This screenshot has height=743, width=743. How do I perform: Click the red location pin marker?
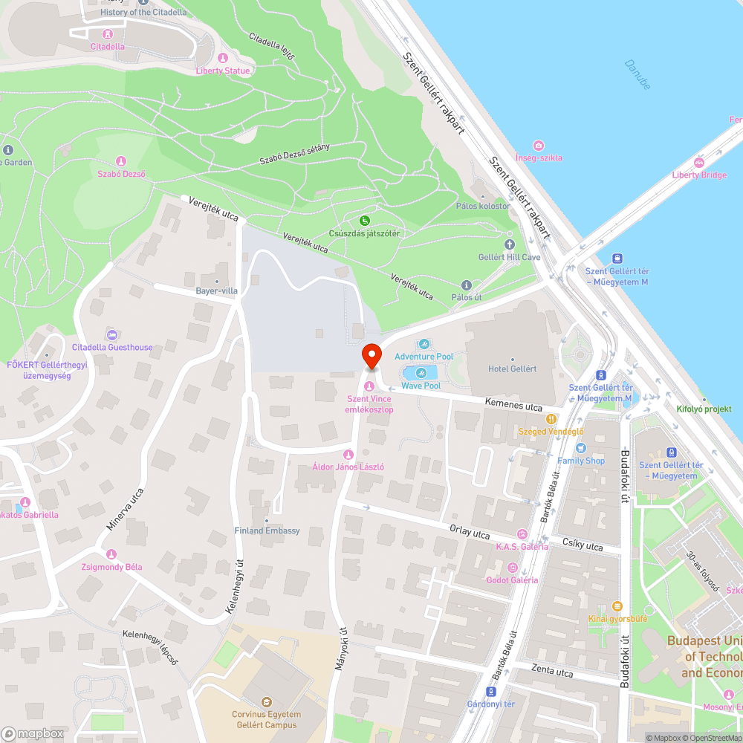point(371,355)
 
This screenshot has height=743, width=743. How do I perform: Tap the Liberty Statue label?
point(223,71)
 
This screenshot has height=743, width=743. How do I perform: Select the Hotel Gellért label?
point(512,369)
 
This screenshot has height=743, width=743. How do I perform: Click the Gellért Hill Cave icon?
point(509,244)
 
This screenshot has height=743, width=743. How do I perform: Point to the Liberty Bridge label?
point(698,175)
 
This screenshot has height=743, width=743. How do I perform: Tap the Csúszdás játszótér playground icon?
point(365,221)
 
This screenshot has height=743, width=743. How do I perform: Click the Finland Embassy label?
point(267,531)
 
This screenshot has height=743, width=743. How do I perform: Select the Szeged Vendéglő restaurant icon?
point(551,419)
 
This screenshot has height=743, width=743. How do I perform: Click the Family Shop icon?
point(581,448)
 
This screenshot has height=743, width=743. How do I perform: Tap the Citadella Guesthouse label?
point(112,347)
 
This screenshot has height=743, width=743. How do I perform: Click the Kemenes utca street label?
point(513,406)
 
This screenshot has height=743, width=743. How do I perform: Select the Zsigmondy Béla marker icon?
point(111,554)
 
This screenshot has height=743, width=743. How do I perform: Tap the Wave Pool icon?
point(421,373)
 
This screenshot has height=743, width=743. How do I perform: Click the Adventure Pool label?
point(424,357)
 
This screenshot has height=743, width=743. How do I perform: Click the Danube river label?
point(637,75)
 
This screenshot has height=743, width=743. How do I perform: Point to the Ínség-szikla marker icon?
point(539,146)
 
